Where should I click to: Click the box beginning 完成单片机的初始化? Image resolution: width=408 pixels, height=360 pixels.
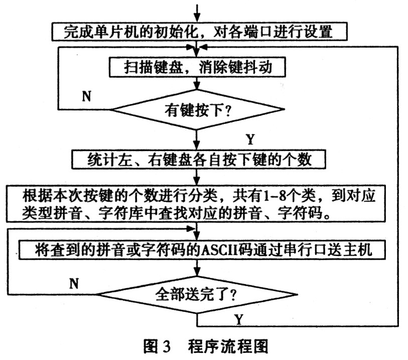(200, 32)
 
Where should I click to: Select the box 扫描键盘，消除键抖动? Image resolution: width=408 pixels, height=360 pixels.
(197, 67)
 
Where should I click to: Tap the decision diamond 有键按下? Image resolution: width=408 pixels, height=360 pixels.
(197, 109)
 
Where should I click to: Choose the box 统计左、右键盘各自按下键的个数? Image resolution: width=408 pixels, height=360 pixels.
(199, 159)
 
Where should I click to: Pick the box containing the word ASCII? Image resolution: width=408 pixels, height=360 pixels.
(202, 250)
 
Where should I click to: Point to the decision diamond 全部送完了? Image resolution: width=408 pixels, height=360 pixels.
(197, 294)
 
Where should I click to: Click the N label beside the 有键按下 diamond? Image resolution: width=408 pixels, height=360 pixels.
(86, 96)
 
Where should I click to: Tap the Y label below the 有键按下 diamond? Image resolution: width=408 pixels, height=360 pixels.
(250, 139)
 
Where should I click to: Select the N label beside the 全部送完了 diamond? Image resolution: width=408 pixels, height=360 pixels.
(74, 283)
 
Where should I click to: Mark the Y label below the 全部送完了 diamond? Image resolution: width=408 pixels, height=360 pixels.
(238, 320)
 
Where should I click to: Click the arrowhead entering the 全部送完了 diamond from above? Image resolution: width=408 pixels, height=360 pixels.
(197, 272)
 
